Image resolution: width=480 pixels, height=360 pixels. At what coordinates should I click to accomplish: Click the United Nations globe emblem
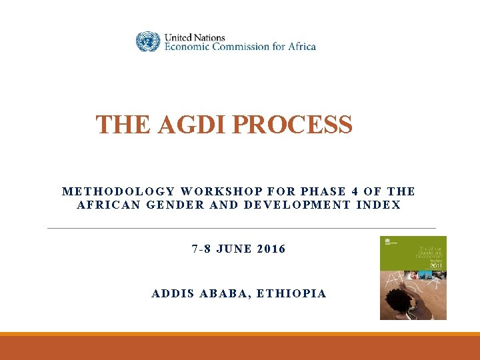[148, 42]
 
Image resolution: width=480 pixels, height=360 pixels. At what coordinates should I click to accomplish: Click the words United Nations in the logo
[195, 37]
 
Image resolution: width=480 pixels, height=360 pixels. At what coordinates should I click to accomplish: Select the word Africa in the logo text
[301, 47]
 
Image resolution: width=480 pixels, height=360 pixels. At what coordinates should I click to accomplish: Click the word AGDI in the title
[187, 125]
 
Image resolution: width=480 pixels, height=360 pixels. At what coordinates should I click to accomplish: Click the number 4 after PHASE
[354, 191]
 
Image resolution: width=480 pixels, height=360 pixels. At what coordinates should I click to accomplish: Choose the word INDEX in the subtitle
[379, 205]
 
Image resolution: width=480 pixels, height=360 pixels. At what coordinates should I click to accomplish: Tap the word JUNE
[235, 249]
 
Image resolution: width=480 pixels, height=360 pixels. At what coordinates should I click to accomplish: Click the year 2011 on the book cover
[435, 265]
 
